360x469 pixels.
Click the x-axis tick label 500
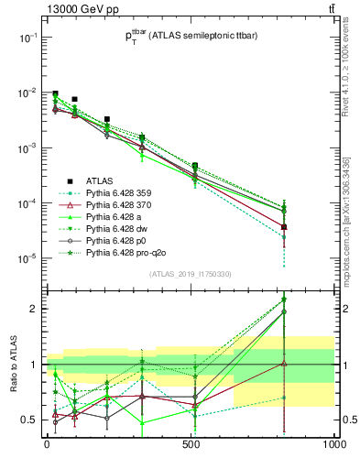[191, 444]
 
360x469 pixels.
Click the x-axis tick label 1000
[333, 444]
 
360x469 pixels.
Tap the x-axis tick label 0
[47, 444]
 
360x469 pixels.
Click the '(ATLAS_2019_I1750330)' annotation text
[190, 273]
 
